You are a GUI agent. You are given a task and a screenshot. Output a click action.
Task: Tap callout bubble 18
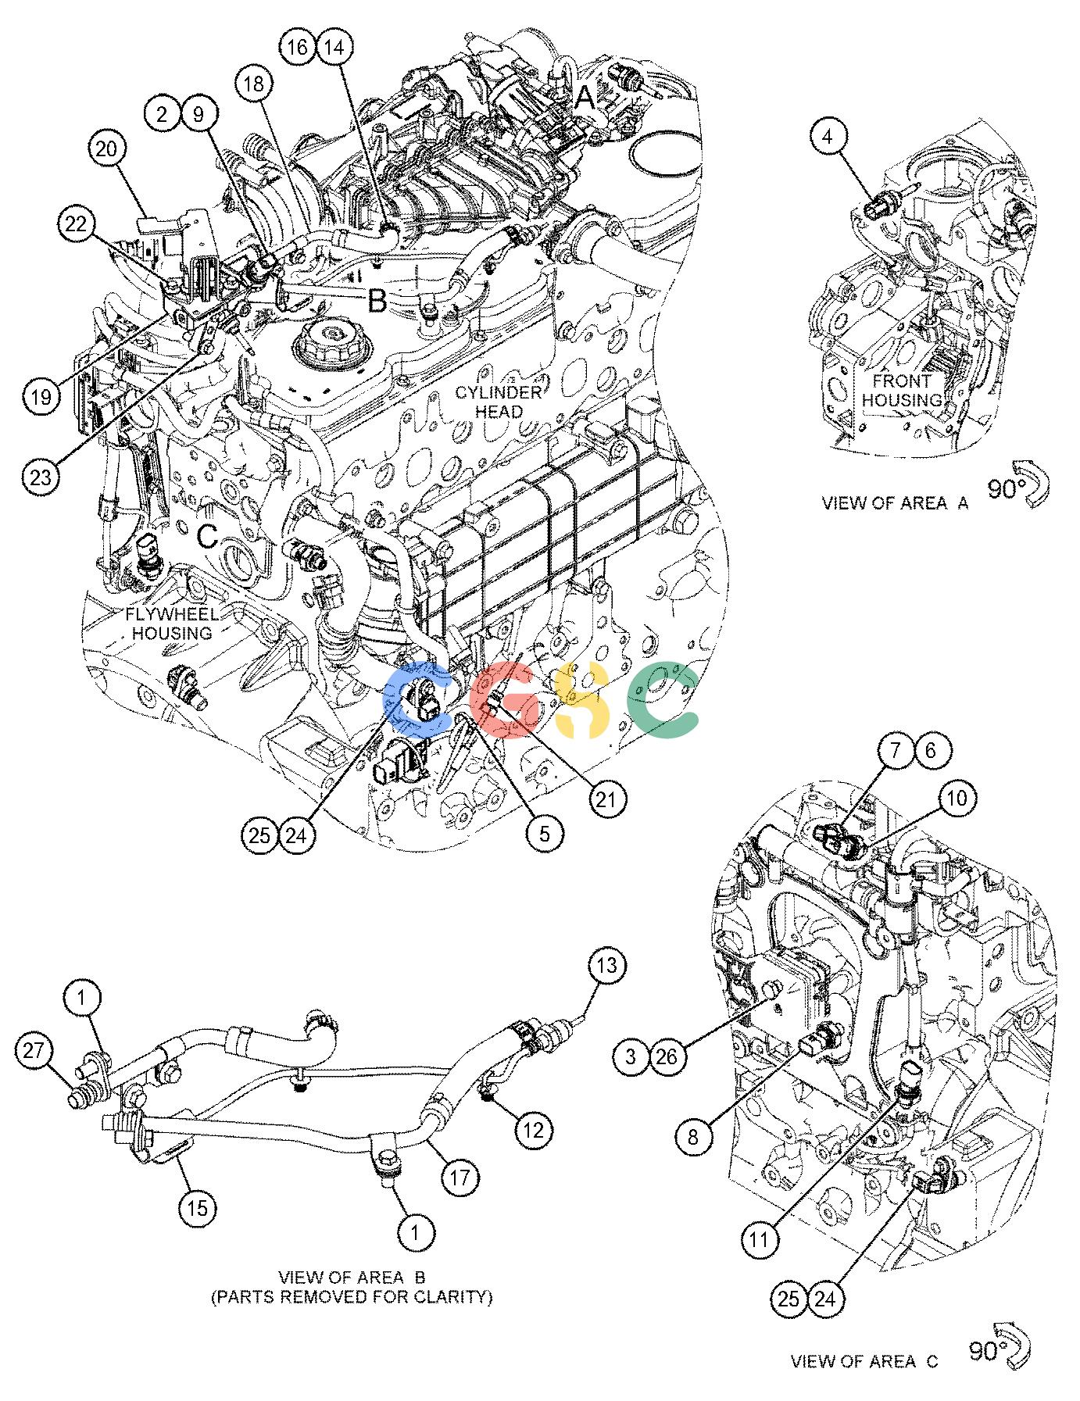click(256, 84)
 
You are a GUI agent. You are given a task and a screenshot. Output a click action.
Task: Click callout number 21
click(607, 798)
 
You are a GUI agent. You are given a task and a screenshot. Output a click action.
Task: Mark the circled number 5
click(544, 834)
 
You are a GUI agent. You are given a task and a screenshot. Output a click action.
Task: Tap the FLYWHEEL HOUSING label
click(171, 624)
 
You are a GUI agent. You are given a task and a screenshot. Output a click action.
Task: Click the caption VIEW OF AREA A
click(895, 503)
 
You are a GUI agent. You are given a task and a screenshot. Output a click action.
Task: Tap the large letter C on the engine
click(207, 535)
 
